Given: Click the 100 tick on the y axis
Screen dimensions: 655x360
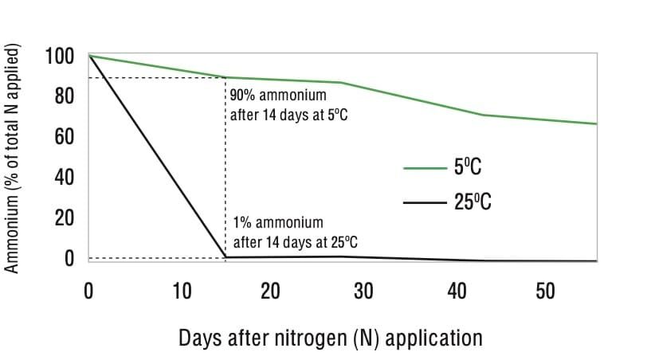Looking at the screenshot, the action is coord(59,56).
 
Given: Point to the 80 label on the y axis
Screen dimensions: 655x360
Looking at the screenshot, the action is coord(64,96).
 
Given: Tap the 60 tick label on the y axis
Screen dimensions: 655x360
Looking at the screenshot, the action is coord(64,136).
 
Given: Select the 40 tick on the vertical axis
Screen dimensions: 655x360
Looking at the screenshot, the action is coord(64,177).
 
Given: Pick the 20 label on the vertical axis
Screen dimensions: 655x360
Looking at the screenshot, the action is coord(64,217).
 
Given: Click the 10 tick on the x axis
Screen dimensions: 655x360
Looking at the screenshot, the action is coord(182,291).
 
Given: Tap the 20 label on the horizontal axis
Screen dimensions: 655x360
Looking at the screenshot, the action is coord(270,291).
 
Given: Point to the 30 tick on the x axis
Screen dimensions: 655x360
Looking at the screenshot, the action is coord(363,291).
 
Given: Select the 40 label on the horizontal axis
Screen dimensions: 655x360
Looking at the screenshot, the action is coord(457,291).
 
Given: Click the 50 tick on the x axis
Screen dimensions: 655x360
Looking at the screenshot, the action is coord(545,291).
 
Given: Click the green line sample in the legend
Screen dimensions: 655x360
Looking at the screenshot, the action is coord(425,168).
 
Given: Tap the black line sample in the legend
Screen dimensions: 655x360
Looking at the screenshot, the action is coord(425,203).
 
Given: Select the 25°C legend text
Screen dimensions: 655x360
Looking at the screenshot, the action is coord(473,202).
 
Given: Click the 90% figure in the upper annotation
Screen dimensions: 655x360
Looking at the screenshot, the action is coord(242,96).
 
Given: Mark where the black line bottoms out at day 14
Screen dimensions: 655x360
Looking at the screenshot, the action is coord(226,256).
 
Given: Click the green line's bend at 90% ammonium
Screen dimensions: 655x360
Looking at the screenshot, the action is coord(226,77).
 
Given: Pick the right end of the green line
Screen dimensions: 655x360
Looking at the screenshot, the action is coord(597,123).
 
